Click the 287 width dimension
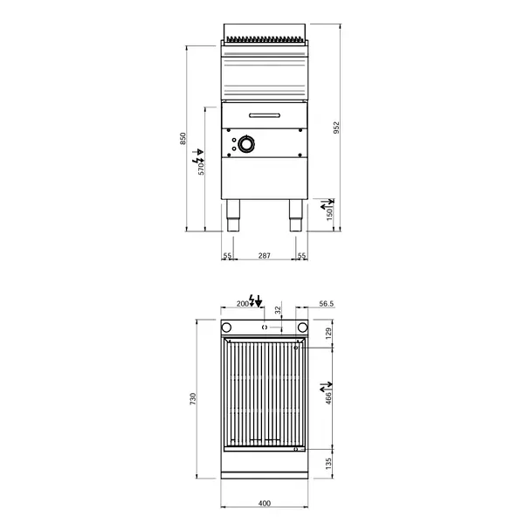click(x=265, y=255)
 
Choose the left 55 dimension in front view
click(x=227, y=255)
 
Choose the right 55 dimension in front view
click(x=302, y=255)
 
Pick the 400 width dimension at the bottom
click(x=265, y=502)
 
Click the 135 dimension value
click(x=330, y=464)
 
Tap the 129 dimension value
click(x=330, y=332)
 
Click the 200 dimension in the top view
click(x=243, y=304)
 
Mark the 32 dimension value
click(x=279, y=310)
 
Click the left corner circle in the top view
click(x=227, y=329)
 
